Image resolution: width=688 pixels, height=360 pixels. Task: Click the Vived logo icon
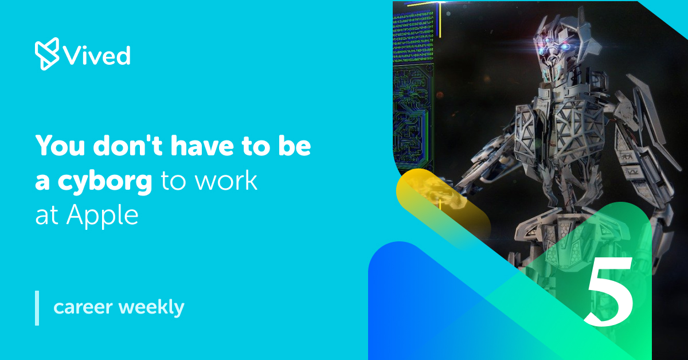(46, 54)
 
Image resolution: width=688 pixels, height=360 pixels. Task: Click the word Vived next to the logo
(97, 56)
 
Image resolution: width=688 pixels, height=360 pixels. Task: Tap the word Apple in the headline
(103, 215)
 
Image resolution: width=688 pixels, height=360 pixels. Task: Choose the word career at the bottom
(83, 307)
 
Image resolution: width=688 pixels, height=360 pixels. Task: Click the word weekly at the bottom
(151, 308)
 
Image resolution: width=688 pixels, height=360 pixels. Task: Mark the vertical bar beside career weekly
(37, 308)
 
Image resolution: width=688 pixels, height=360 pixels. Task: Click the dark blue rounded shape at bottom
(413, 304)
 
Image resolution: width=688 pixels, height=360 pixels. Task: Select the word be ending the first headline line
(296, 147)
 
